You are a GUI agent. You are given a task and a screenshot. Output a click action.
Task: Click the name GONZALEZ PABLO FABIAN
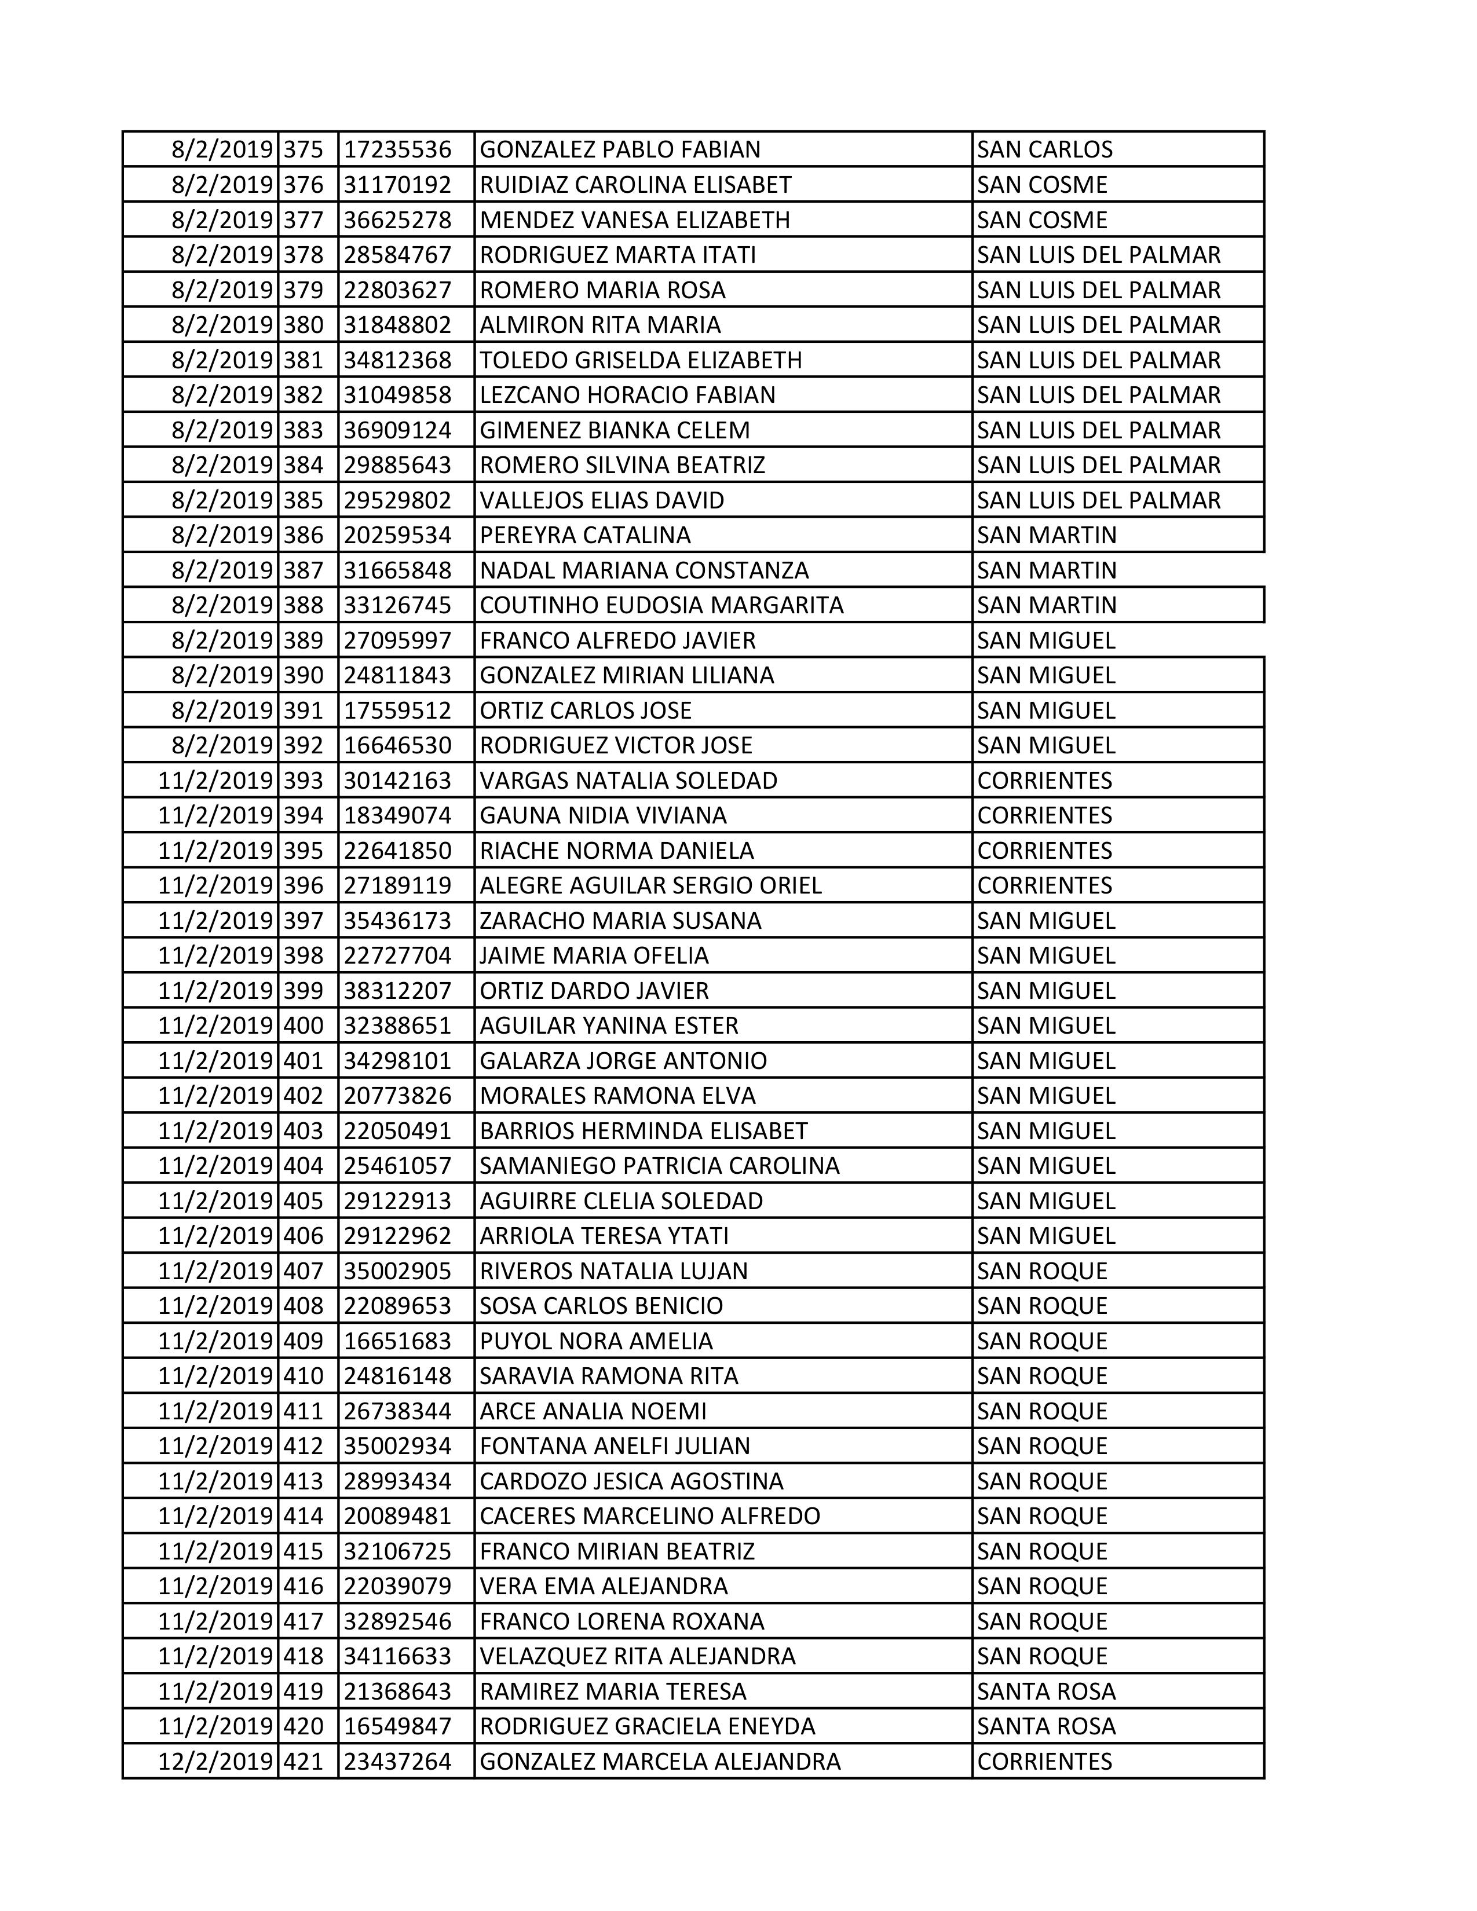pos(620,149)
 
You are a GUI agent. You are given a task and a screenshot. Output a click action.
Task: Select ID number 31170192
pos(397,185)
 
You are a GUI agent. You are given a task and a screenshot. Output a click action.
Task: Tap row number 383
pos(304,430)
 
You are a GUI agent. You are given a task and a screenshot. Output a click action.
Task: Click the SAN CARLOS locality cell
pos(1045,149)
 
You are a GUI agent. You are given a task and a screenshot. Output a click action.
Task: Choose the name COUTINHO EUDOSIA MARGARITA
pos(661,606)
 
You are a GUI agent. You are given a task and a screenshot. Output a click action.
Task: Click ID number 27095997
pos(397,640)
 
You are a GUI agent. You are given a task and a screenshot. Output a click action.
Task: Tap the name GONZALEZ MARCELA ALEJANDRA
pos(660,1762)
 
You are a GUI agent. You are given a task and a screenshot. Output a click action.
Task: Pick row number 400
pos(304,1026)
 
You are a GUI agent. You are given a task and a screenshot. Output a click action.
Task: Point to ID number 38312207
pos(397,990)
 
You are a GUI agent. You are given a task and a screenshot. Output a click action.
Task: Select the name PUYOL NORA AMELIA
pos(596,1341)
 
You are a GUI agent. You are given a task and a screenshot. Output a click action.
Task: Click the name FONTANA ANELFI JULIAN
pos(614,1447)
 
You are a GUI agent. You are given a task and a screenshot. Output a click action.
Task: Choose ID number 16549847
pos(397,1726)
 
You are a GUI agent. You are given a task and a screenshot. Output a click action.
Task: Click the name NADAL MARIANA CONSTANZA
pos(644,570)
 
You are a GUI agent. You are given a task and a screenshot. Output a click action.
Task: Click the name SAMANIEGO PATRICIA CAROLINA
pos(659,1166)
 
